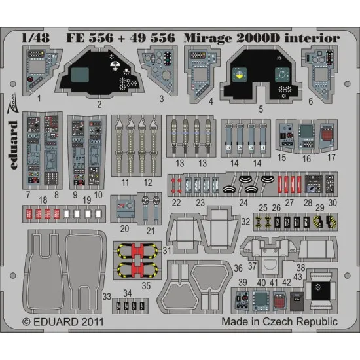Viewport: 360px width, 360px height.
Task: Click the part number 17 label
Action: (332, 157)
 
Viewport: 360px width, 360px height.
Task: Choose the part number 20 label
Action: (125, 228)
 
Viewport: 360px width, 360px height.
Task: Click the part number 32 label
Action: (244, 222)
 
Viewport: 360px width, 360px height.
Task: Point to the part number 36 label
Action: (237, 268)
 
